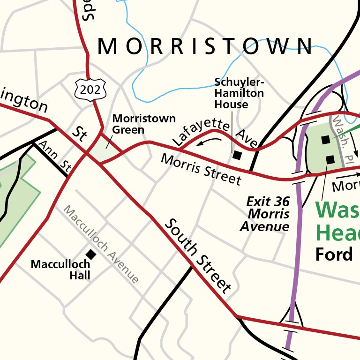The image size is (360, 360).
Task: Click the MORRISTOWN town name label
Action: point(205,46)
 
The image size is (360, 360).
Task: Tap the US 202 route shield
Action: point(90,89)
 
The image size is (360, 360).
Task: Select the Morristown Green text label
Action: point(144,124)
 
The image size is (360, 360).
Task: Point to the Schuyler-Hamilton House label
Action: point(239,93)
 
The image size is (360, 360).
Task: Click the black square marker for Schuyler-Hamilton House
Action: point(237,155)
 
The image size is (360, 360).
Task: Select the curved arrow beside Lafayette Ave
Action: point(209,140)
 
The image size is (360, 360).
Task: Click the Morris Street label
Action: point(201,169)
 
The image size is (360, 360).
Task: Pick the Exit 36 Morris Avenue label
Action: point(267,214)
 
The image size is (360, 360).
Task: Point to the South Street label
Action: point(198,255)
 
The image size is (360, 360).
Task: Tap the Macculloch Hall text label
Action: point(60,270)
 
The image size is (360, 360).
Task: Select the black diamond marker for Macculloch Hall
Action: point(91,254)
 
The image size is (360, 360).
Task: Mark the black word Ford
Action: point(334,255)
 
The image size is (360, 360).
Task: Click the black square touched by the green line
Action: point(325,140)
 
